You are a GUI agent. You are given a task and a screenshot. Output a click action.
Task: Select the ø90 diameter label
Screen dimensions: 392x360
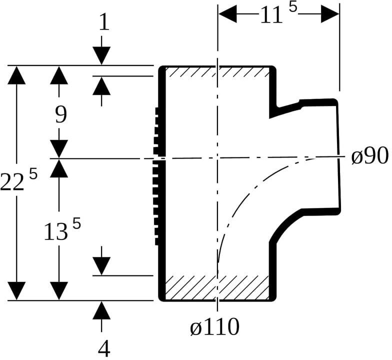[370, 155]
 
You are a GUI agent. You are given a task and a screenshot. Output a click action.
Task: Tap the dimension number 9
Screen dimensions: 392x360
[61, 115]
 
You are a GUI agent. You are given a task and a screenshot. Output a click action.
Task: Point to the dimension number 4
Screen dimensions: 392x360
[104, 348]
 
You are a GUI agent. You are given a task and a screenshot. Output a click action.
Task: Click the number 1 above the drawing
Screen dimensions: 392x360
[104, 22]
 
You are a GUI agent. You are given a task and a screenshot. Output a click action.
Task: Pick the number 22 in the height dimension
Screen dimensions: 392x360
[12, 182]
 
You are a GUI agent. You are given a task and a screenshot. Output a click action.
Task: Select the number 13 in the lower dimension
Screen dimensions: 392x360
[56, 232]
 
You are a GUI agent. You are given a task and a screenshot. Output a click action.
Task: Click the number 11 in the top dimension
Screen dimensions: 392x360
[271, 15]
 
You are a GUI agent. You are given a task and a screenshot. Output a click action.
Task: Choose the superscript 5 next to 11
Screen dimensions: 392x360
[293, 8]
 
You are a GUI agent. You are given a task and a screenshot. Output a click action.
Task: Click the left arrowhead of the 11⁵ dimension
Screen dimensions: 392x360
[227, 14]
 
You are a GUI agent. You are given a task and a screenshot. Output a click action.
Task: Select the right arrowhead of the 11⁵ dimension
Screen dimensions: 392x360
[330, 14]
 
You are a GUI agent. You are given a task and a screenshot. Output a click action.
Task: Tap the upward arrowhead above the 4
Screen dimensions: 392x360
[101, 310]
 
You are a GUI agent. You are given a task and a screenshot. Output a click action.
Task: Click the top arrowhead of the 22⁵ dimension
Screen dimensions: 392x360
[16, 75]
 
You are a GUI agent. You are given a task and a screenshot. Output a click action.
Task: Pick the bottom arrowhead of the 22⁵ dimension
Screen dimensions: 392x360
[16, 291]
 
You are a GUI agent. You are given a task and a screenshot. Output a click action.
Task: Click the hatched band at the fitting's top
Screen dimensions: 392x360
[217, 72]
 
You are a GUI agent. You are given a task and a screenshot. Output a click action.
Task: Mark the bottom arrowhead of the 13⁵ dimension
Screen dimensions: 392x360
[59, 291]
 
